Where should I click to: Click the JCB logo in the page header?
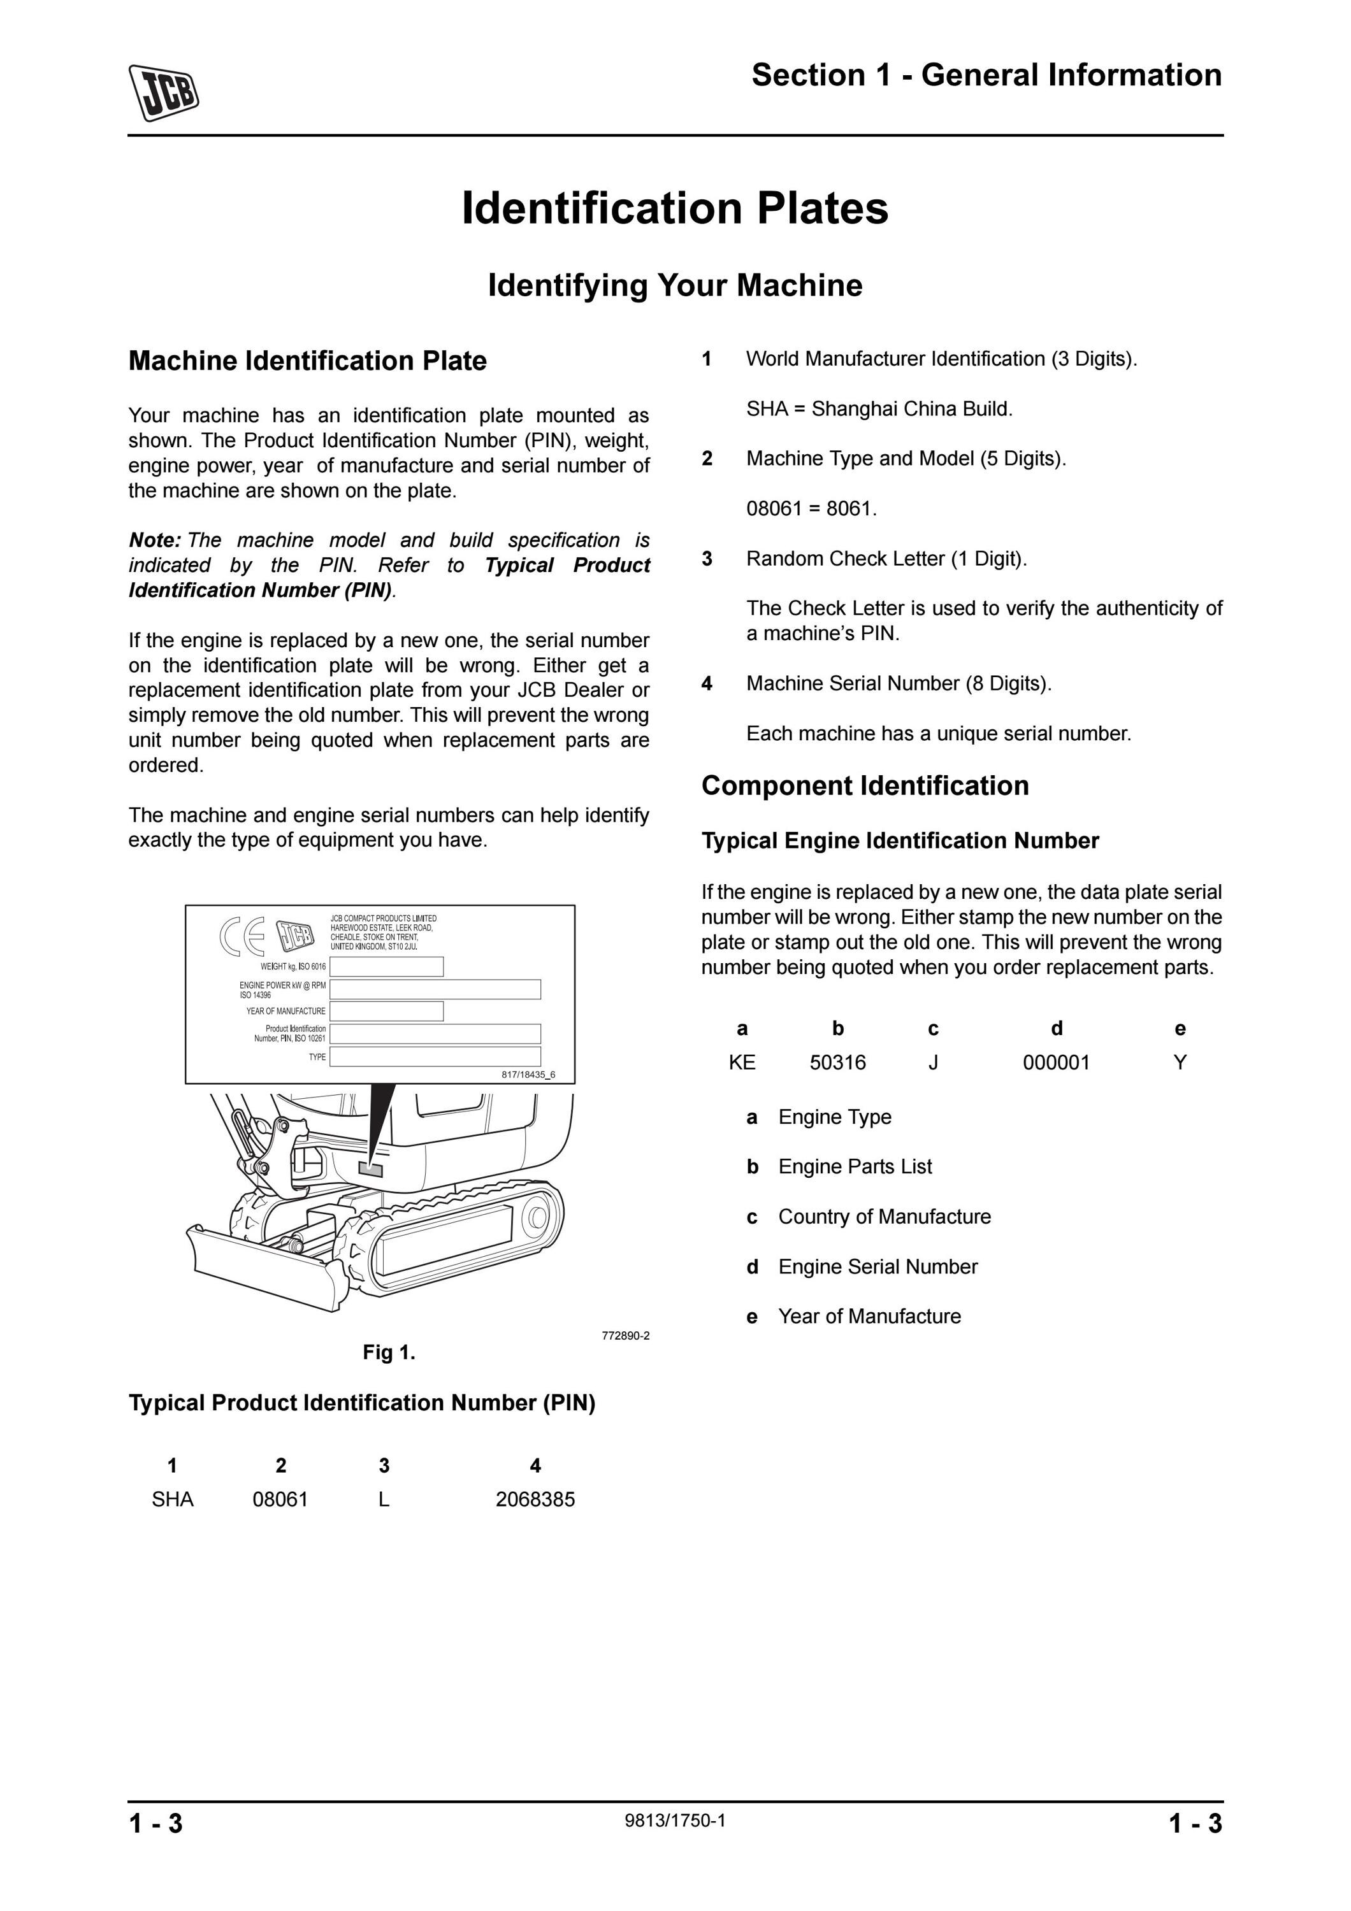163,92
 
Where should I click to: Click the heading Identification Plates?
675,208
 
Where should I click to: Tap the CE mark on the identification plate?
243,937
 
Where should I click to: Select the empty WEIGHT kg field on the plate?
386,966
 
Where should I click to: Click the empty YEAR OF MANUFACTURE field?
386,1012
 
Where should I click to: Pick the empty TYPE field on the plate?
435,1056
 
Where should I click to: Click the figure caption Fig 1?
389,1352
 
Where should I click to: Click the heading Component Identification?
865,785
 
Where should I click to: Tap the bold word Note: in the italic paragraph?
155,540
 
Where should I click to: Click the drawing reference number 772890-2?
626,1336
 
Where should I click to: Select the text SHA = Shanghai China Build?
879,409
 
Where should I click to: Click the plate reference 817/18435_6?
528,1075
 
